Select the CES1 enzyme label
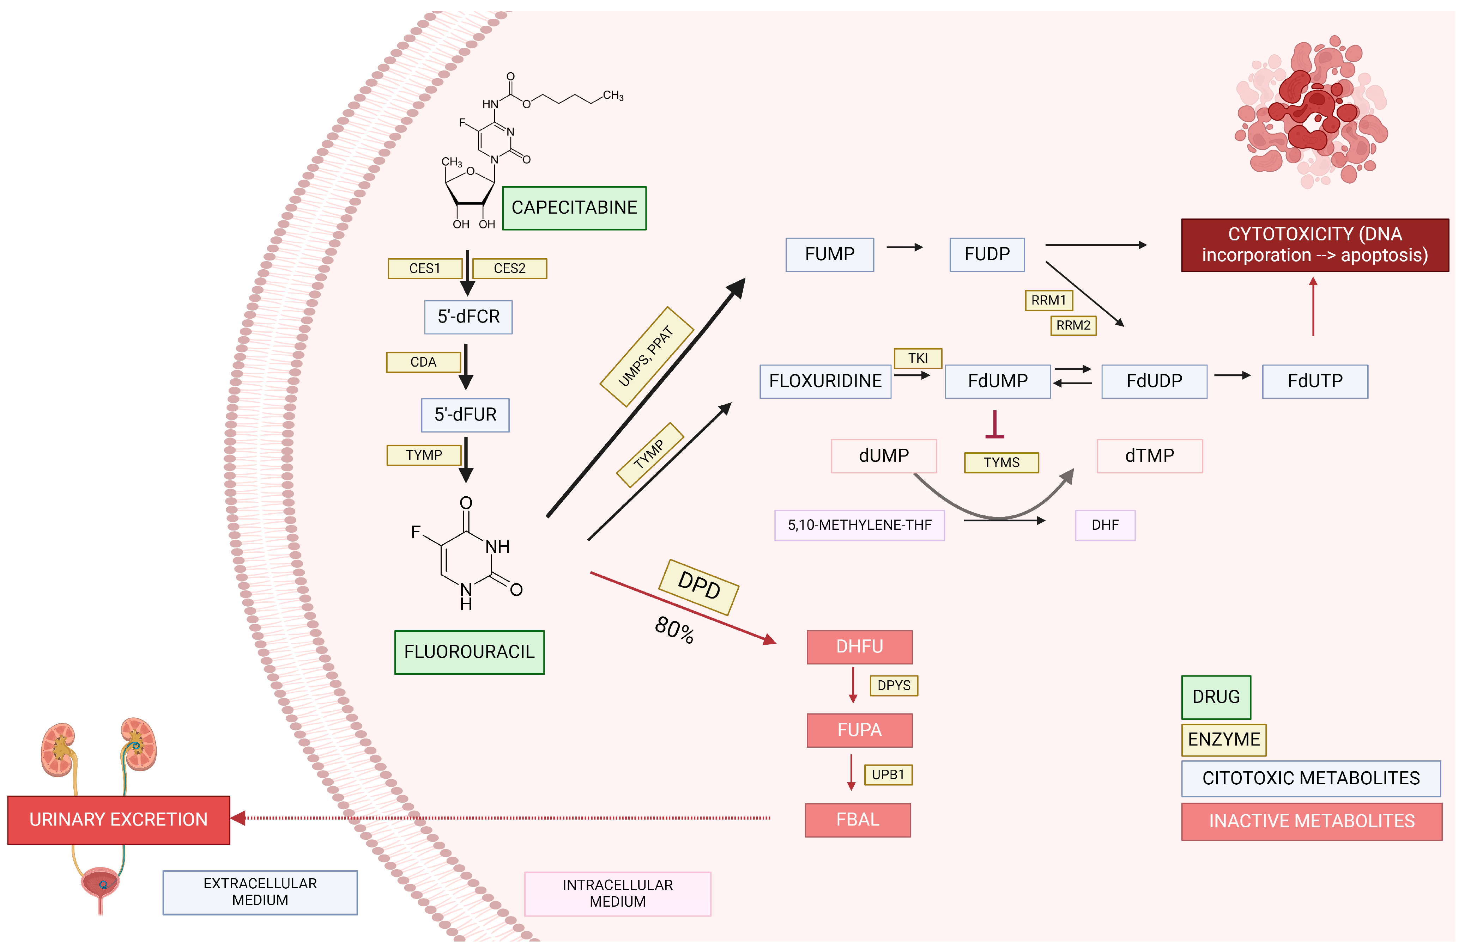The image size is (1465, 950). [425, 268]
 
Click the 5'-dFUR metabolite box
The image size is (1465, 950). [465, 415]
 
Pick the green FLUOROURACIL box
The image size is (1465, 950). [469, 651]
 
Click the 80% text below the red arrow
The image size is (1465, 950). [674, 630]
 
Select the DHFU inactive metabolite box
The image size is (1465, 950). [859, 646]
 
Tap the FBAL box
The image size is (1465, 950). [858, 820]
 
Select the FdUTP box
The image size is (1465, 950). [1315, 381]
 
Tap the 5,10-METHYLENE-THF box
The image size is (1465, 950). [859, 525]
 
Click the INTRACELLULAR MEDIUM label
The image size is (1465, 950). [617, 893]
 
